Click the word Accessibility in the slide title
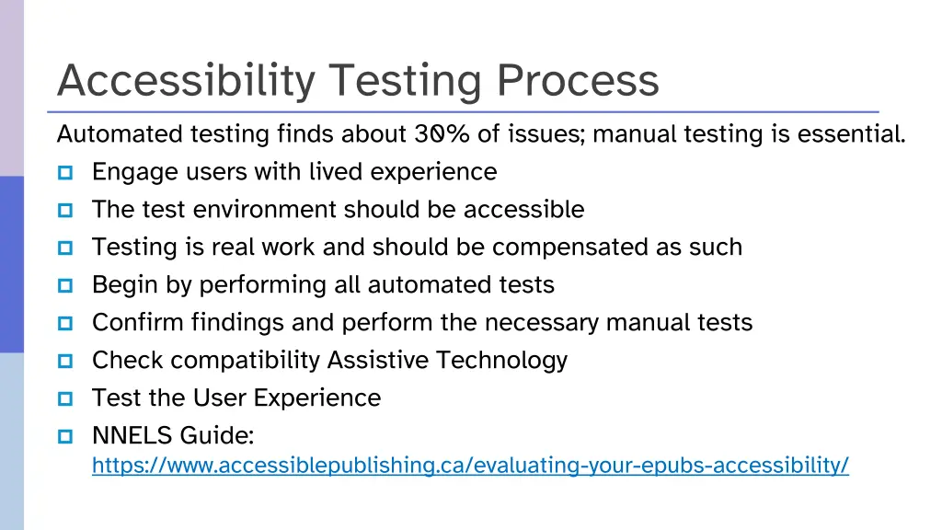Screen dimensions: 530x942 click(185, 81)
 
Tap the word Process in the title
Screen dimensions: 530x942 click(578, 81)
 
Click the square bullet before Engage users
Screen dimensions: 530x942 click(65, 172)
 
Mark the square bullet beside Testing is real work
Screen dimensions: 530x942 click(65, 248)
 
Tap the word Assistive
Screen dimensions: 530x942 click(378, 360)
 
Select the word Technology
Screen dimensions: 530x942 click(501, 360)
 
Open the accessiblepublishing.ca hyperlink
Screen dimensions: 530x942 click(470, 466)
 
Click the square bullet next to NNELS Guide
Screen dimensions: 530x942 click(65, 435)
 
